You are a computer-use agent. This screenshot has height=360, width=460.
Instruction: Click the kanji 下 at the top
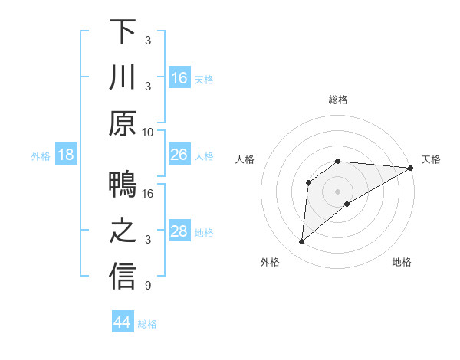[123, 32]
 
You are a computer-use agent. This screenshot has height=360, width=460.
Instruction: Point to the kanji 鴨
[123, 186]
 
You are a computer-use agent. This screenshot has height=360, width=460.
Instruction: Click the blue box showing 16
[179, 78]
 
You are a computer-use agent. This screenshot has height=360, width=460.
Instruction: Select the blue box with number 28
[179, 231]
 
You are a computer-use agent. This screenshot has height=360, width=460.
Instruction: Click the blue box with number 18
[66, 155]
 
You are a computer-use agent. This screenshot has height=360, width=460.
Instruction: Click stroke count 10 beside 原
[148, 132]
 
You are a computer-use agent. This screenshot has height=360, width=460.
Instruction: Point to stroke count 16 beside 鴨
[148, 194]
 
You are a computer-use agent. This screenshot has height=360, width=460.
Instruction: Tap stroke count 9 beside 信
[149, 286]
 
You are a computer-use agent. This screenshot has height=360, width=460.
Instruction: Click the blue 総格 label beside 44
[147, 324]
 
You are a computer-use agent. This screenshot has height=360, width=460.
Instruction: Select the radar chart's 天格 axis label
[431, 159]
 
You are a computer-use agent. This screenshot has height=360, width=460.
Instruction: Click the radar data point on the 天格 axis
[411, 168]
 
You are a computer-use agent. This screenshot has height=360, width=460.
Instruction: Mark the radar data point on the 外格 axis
[301, 242]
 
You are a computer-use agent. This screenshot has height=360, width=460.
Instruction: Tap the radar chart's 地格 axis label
[402, 263]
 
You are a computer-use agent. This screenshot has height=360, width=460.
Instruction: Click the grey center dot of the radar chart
[337, 191]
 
